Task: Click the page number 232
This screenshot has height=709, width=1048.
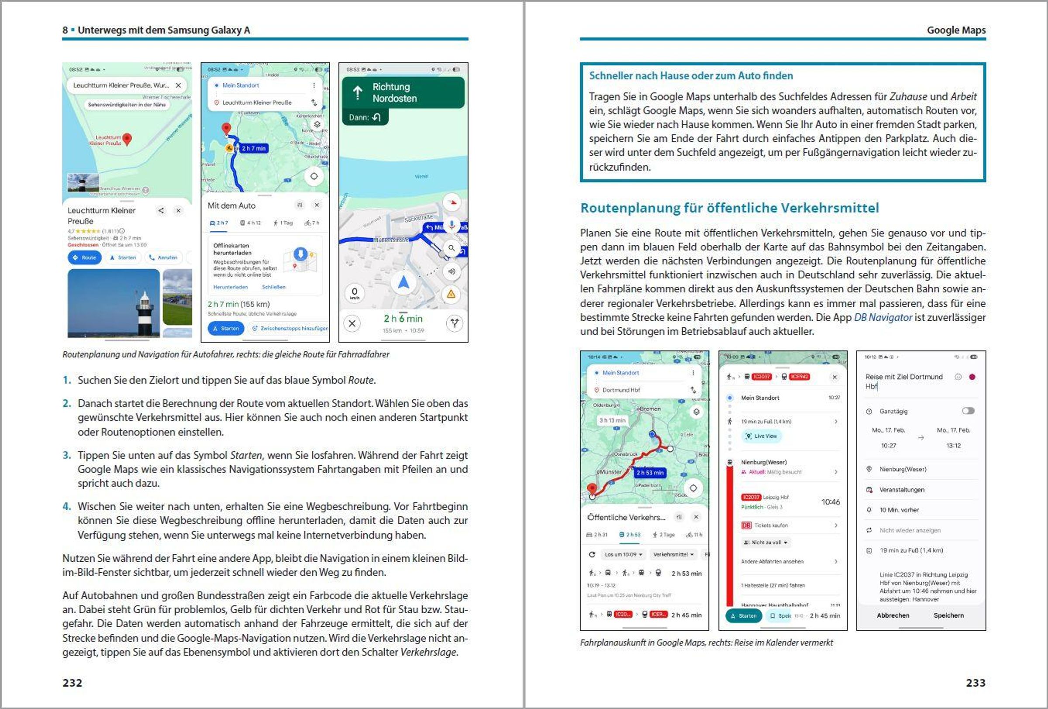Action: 72,683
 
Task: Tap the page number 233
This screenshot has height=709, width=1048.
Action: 976,683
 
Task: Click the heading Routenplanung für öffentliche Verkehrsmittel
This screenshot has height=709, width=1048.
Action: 729,208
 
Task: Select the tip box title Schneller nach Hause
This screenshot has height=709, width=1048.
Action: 690,76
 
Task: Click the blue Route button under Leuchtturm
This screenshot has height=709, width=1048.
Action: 85,258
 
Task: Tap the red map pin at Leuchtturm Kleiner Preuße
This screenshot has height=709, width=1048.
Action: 127,139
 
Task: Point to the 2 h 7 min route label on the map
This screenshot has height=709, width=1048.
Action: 253,149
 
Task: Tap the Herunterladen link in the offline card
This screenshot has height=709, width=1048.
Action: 231,287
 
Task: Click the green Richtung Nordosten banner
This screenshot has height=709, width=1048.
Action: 403,93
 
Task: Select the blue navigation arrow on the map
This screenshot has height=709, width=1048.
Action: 403,283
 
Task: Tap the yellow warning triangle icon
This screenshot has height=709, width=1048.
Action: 451,295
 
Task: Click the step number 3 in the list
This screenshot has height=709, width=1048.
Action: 67,455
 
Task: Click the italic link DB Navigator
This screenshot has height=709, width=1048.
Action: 883,318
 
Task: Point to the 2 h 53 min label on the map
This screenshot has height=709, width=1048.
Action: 650,473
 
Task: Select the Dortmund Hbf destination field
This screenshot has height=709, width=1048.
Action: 621,390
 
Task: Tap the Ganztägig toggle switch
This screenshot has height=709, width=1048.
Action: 968,411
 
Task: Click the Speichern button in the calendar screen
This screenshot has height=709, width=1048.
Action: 948,615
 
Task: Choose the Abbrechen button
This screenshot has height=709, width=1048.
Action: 893,615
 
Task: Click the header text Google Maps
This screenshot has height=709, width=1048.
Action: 956,30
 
